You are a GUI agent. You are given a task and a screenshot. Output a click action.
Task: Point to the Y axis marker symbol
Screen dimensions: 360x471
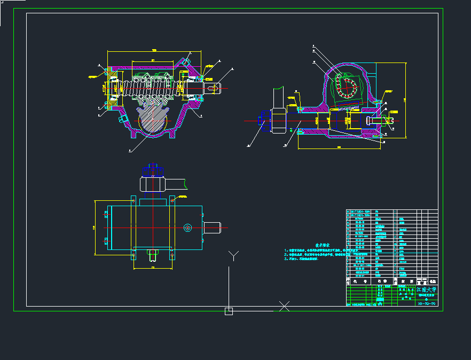point(233,255)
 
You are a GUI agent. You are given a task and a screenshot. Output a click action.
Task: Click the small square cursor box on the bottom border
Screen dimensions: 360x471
point(229,311)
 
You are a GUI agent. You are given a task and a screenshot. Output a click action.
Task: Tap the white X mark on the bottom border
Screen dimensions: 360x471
point(285,306)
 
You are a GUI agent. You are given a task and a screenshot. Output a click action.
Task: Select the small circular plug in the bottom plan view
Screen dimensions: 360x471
point(187,228)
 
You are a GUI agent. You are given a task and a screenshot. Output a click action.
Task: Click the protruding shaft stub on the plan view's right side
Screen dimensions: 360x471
point(213,228)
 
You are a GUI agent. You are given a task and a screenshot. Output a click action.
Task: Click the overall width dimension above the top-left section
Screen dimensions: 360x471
point(154,51)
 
